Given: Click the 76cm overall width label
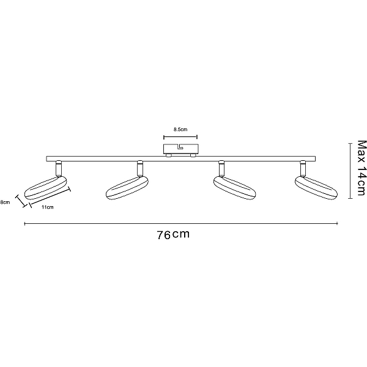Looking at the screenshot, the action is pos(173,234).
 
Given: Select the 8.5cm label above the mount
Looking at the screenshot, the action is pos(180,129).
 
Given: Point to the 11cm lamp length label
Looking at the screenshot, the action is pos(48,207).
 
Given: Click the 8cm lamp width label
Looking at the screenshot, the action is pos(5,202).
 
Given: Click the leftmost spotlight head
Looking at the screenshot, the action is pos(45,188).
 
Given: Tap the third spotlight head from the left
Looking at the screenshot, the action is pos(234,188).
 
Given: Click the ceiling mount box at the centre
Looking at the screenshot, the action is pos(181,149).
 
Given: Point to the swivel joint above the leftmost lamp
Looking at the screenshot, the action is pos(59,169).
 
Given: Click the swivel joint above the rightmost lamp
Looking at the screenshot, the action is pos(303,169).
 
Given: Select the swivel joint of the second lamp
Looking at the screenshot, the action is pos(140,169).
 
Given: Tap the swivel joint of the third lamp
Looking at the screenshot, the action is pos(221,169).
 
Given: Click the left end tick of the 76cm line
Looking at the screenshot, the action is pos(25,224).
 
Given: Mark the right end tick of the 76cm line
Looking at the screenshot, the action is pos(337,223).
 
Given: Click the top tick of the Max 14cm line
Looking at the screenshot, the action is pos(350,143).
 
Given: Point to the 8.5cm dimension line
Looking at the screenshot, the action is pos(180,137).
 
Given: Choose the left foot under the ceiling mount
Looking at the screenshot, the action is pos(168,155).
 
